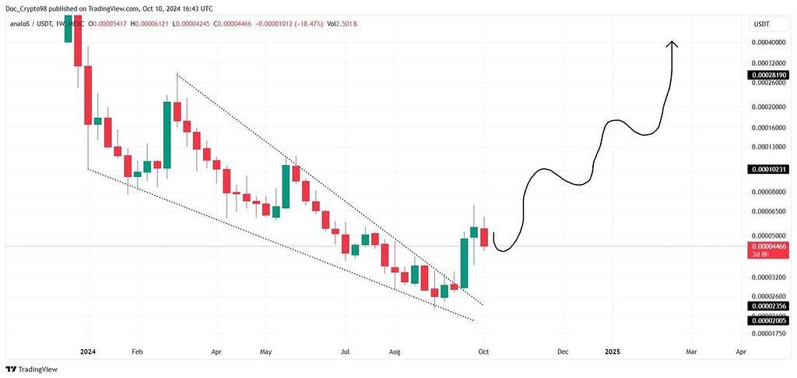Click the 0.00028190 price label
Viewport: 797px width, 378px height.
pyautogui.click(x=767, y=76)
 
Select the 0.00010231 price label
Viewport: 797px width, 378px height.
pyautogui.click(x=767, y=169)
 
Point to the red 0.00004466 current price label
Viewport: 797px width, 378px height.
pyautogui.click(x=767, y=246)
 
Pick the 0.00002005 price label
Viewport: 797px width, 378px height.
pyautogui.click(x=767, y=320)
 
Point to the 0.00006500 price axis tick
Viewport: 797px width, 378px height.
pyautogui.click(x=767, y=211)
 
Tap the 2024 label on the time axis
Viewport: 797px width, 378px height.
pyautogui.click(x=87, y=352)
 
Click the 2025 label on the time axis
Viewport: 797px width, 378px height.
pyautogui.click(x=613, y=352)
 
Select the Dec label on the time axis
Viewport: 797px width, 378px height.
pyautogui.click(x=562, y=352)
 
